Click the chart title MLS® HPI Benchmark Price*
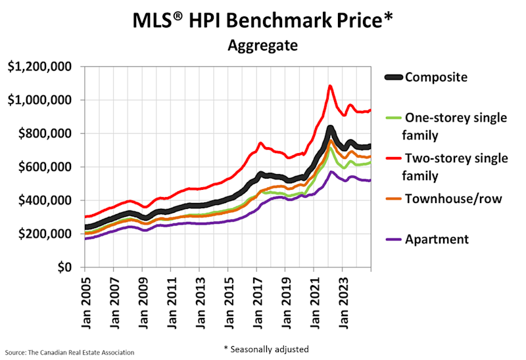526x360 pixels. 262,20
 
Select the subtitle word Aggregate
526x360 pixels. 262,46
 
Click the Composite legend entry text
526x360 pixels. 436,77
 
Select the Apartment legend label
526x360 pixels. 437,239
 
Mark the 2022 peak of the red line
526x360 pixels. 330,85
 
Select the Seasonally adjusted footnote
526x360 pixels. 266,349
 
